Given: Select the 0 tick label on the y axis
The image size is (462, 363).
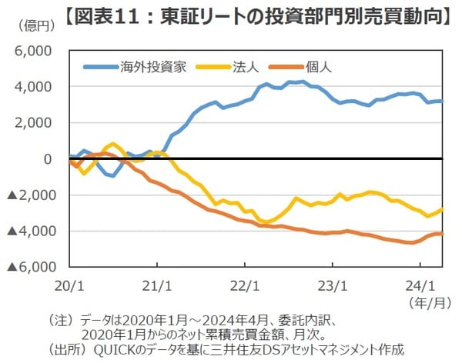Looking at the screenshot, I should click(48, 158).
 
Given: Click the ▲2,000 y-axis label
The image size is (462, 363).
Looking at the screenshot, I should click(29, 195).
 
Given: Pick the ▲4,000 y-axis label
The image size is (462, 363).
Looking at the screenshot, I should click(29, 231).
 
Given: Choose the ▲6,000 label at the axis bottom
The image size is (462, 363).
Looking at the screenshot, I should click(29, 267).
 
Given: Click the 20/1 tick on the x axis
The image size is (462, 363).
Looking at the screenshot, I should click(69, 284).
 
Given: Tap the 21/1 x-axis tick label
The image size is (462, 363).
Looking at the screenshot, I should click(156, 284).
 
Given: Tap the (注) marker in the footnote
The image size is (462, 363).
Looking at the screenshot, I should click(62, 318).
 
